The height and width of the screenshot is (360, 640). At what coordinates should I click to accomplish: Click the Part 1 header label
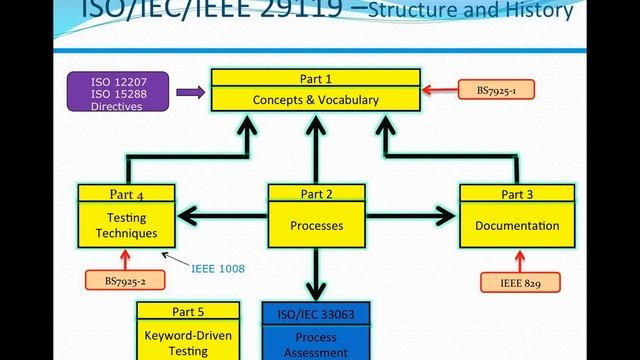point(316,78)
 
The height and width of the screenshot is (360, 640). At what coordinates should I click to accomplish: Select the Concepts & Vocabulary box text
point(316,100)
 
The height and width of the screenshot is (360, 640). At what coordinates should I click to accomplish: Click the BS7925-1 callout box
point(496,90)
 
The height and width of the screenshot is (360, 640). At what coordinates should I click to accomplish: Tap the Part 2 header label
point(316,194)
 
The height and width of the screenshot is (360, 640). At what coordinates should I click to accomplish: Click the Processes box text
point(316,225)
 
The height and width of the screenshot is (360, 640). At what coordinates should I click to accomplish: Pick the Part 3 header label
point(511,194)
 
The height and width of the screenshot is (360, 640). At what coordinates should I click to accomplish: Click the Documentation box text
point(511,225)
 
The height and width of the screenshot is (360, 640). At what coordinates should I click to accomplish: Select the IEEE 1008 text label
point(217,268)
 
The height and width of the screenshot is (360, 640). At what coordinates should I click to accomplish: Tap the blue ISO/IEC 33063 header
point(316,314)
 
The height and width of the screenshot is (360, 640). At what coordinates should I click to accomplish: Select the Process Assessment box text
point(316,345)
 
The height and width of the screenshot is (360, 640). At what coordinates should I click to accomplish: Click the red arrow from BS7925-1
point(438,90)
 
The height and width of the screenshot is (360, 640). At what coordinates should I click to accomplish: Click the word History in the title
point(538,11)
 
